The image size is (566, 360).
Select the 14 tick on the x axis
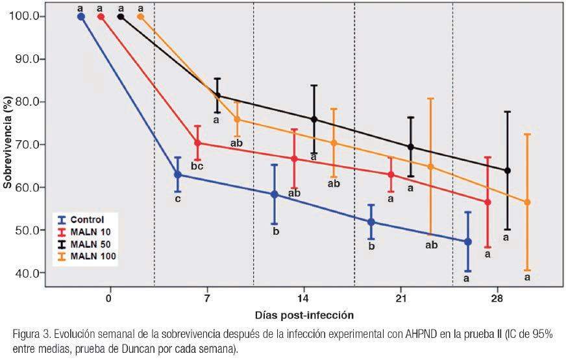point(303,298)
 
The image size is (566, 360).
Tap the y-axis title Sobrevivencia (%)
point(8,144)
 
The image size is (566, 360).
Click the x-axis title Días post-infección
point(302,315)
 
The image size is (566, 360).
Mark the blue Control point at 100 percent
point(81,17)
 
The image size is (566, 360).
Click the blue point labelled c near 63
point(178,174)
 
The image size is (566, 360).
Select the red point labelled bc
point(197,143)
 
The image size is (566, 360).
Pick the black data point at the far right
point(508,171)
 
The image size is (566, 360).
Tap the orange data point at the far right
point(527,202)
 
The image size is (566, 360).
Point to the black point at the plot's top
point(121,17)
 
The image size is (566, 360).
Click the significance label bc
point(198,167)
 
